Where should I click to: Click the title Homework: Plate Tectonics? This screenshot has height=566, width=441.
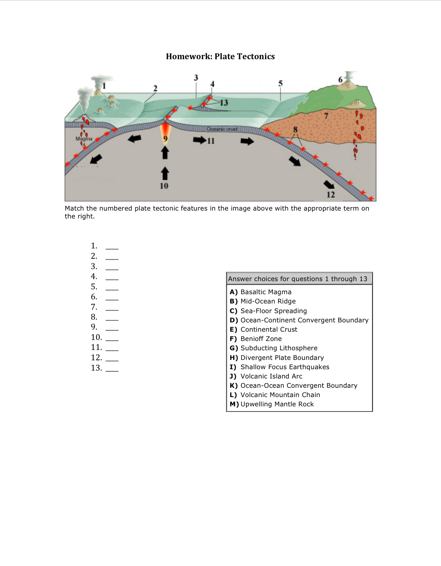point(220,56)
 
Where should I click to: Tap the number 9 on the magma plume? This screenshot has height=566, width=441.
point(165,139)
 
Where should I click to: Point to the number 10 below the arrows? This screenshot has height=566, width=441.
point(164,186)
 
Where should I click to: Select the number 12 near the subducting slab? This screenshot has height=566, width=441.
point(331,195)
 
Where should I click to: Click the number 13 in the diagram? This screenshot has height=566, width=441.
point(224,103)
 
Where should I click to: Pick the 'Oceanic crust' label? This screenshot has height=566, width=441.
point(222,129)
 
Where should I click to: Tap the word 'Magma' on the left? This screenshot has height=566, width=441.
point(84,139)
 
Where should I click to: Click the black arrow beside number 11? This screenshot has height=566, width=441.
point(199,140)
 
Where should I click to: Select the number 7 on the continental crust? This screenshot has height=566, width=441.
point(326,116)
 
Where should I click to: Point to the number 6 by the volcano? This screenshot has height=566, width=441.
point(340,80)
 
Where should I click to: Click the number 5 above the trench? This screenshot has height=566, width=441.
point(281,83)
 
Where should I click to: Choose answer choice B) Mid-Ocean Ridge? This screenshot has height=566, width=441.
point(263,301)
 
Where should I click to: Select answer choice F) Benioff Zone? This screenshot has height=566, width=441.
point(256,339)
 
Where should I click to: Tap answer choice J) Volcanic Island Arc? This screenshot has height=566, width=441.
point(266,376)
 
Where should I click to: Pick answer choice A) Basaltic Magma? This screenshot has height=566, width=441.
point(261,292)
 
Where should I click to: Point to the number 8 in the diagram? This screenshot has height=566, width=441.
point(295,129)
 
